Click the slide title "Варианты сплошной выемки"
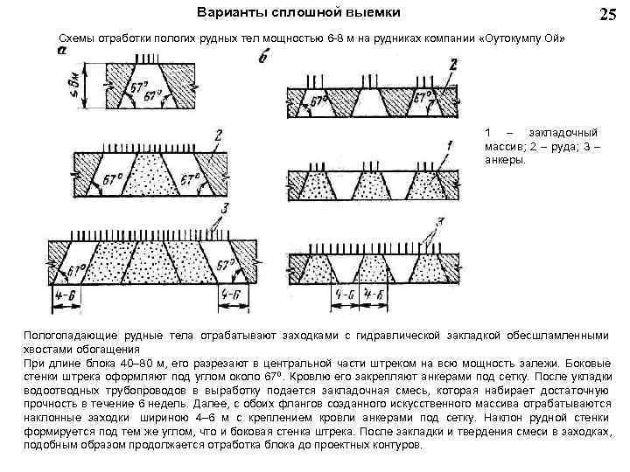tap(299, 13)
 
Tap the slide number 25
tap(606, 15)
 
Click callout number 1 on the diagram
tap(449, 142)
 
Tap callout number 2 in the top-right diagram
tap(451, 65)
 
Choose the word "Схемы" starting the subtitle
tap(76, 40)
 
